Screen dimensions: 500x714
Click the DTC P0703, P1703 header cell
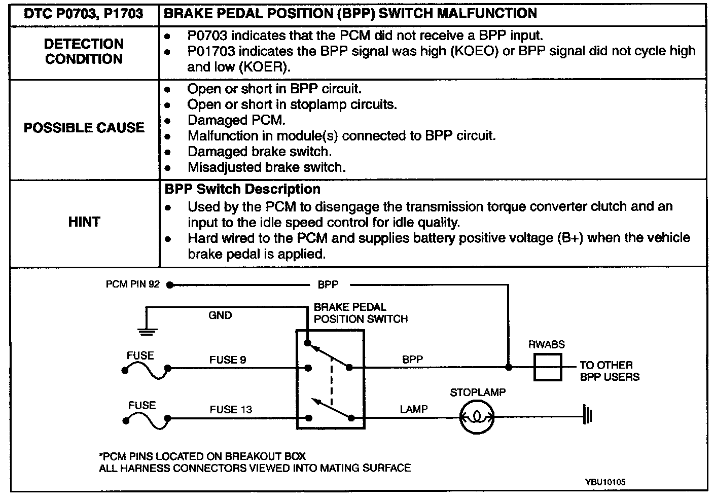[x=84, y=14]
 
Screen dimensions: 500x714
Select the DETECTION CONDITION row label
[x=84, y=51]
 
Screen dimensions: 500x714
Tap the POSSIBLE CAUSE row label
[x=84, y=127]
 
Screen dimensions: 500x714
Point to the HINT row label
[x=84, y=222]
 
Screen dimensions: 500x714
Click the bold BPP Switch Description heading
[x=242, y=189]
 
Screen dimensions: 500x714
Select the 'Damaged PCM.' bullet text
[x=236, y=120]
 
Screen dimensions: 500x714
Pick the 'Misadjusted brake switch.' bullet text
[x=266, y=167]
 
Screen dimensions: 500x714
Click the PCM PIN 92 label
[x=132, y=284]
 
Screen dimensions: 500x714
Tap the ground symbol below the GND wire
[x=147, y=332]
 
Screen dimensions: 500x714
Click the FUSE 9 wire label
[x=228, y=360]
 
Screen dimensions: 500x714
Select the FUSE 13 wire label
[x=231, y=409]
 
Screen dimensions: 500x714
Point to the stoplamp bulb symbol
[x=477, y=417]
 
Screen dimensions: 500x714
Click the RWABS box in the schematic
[x=548, y=367]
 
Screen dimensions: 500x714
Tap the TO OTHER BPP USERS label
[x=609, y=371]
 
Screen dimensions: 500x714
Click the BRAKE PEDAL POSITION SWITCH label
[x=360, y=313]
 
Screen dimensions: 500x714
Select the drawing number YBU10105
[x=604, y=482]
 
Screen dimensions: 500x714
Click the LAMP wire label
[x=413, y=409]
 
